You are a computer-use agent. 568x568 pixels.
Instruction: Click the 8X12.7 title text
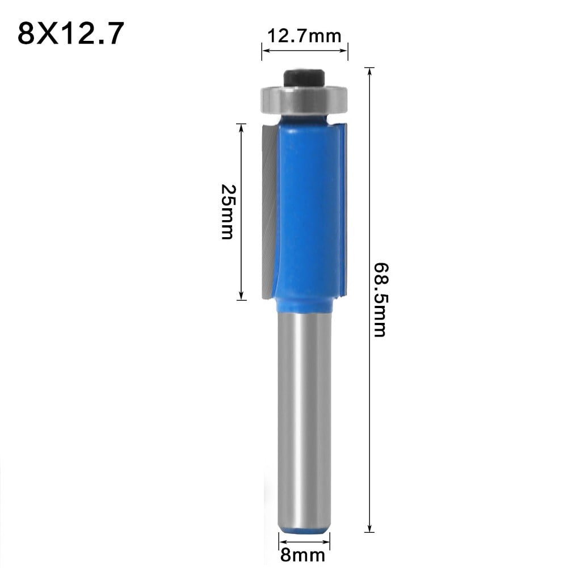tap(71, 34)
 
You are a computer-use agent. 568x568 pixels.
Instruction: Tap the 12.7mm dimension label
tap(305, 37)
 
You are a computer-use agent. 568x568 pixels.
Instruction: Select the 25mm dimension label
tap(226, 211)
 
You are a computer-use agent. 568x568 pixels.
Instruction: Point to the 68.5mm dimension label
tap(379, 299)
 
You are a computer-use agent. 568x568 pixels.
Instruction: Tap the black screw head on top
tap(305, 77)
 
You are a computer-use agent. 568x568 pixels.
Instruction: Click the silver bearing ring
tap(305, 100)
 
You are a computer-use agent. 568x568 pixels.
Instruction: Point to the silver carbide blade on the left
tap(268, 210)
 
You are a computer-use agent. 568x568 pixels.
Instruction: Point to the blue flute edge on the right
tap(340, 210)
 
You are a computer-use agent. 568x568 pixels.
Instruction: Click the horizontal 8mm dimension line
tap(305, 536)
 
